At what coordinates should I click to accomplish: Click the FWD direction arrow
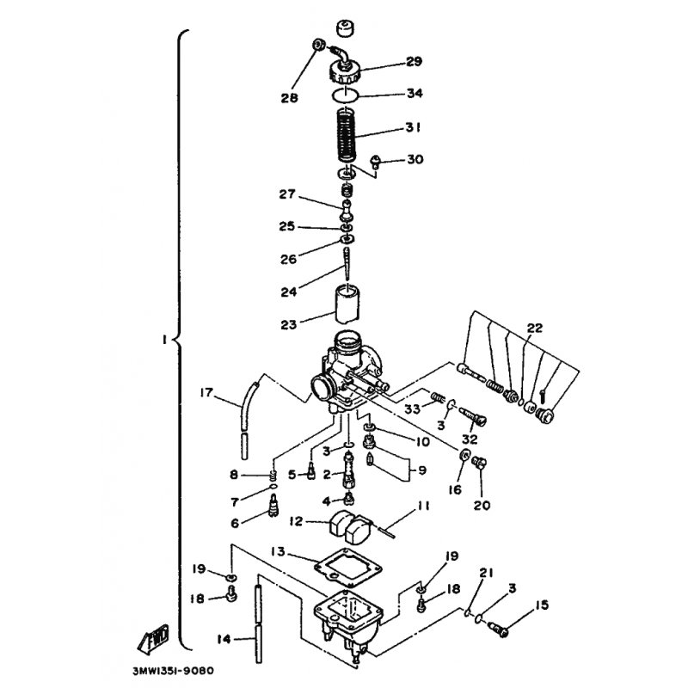pyautogui.click(x=154, y=639)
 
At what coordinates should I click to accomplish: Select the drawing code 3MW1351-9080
pyautogui.click(x=173, y=671)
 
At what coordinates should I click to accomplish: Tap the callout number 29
pyautogui.click(x=414, y=61)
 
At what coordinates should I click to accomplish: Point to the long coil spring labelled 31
pyautogui.click(x=347, y=135)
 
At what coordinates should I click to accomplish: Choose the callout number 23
pyautogui.click(x=289, y=325)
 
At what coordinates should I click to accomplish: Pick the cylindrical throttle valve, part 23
pyautogui.click(x=347, y=304)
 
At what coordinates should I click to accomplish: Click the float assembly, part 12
pyautogui.click(x=350, y=526)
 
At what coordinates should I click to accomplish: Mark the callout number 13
pyautogui.click(x=278, y=551)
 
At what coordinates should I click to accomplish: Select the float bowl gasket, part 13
pyautogui.click(x=348, y=568)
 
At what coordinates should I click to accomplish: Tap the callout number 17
pyautogui.click(x=206, y=392)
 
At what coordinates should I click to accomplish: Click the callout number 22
pyautogui.click(x=534, y=328)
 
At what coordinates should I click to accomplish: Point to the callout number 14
pyautogui.click(x=224, y=639)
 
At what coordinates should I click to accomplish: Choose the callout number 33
pyautogui.click(x=413, y=409)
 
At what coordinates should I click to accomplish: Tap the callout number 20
pyautogui.click(x=482, y=506)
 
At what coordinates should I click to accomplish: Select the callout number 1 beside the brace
pyautogui.click(x=164, y=339)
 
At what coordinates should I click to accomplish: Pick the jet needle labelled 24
pyautogui.click(x=347, y=264)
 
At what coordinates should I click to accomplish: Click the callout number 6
pyautogui.click(x=235, y=524)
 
